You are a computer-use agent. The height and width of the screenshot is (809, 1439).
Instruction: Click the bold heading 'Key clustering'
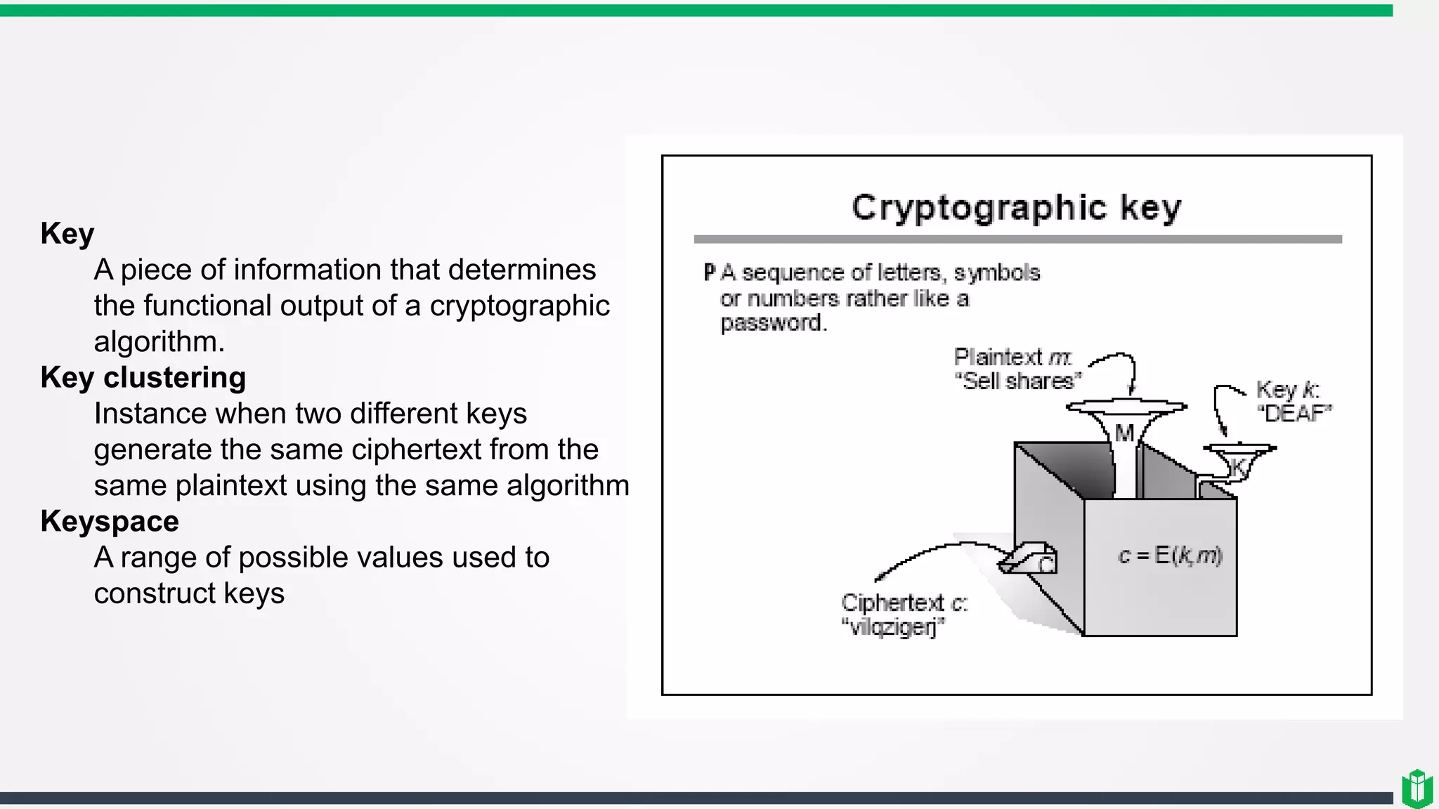pos(143,378)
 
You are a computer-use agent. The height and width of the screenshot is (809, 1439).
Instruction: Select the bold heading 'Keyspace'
pos(110,522)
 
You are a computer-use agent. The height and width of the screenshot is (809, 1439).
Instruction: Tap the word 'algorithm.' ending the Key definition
pos(159,342)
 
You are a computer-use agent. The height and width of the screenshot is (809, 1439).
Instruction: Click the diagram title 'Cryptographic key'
pos(1017,208)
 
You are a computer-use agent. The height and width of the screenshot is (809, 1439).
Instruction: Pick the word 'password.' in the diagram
pos(774,323)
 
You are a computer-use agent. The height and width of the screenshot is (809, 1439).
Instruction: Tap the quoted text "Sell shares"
pos(1017,381)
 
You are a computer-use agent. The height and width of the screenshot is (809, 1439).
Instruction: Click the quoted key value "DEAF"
pos(1294,414)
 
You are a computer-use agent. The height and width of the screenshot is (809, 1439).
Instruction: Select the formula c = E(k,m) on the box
pos(1170,555)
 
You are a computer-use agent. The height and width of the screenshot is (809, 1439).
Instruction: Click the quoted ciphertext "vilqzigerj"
pos(893,626)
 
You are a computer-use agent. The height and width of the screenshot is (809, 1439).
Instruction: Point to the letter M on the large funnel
pos(1124,433)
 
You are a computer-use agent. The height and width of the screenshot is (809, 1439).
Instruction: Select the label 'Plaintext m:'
pos(1012,357)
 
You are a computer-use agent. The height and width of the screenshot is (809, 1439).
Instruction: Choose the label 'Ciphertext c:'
pos(904,603)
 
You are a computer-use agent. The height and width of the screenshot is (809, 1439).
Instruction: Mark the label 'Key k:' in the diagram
pos(1287,389)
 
